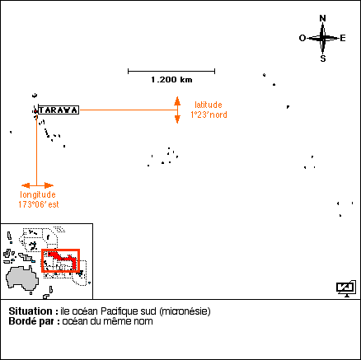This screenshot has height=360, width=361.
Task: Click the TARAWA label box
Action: (59, 110)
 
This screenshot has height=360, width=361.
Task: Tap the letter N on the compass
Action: (323, 18)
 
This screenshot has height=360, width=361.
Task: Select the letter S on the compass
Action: (323, 58)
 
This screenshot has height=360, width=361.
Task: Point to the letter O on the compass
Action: (302, 38)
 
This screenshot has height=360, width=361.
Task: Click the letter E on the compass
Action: (343, 38)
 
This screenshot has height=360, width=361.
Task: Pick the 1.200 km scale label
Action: (171, 80)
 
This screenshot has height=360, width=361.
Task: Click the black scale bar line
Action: (171, 72)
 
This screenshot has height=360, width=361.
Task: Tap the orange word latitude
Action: (209, 105)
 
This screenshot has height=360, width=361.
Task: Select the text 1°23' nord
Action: (209, 115)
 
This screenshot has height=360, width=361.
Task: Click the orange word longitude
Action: (38, 194)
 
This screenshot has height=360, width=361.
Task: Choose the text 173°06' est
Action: (39, 204)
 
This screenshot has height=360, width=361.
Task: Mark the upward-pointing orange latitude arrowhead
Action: (177, 101)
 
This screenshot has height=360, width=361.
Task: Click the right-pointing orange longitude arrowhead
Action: (49, 185)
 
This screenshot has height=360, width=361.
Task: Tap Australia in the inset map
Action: (22, 278)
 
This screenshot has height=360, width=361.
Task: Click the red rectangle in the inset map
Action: (60, 250)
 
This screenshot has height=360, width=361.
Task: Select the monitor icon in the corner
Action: (346, 288)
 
